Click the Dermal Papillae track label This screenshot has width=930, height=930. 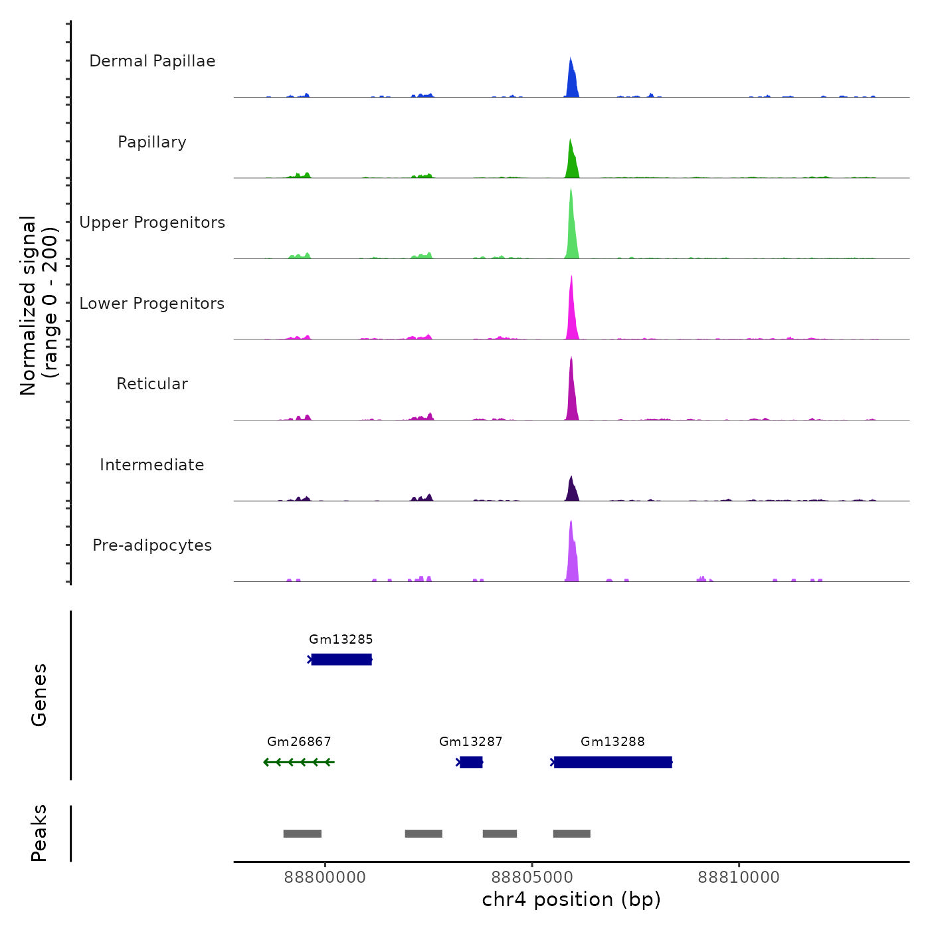pos(152,61)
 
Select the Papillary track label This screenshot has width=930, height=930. pos(152,142)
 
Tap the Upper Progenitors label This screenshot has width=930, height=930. pos(152,223)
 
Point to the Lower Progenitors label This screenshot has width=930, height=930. pos(152,304)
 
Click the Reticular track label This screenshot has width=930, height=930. pos(152,384)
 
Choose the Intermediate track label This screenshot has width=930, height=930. pos(152,465)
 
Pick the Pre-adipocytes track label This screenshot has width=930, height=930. pos(152,545)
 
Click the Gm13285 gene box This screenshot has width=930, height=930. pos(341,659)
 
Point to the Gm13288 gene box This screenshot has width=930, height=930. pos(612,762)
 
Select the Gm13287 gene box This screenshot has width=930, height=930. pos(471,762)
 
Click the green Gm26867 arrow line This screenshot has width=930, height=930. pos(299,762)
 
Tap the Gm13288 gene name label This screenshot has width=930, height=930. pos(612,742)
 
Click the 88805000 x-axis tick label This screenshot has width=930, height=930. pos(532,877)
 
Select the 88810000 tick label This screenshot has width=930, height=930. pos(739,877)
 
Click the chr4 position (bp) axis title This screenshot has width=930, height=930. pos(571,899)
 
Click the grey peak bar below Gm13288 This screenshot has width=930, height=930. pos(571,834)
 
